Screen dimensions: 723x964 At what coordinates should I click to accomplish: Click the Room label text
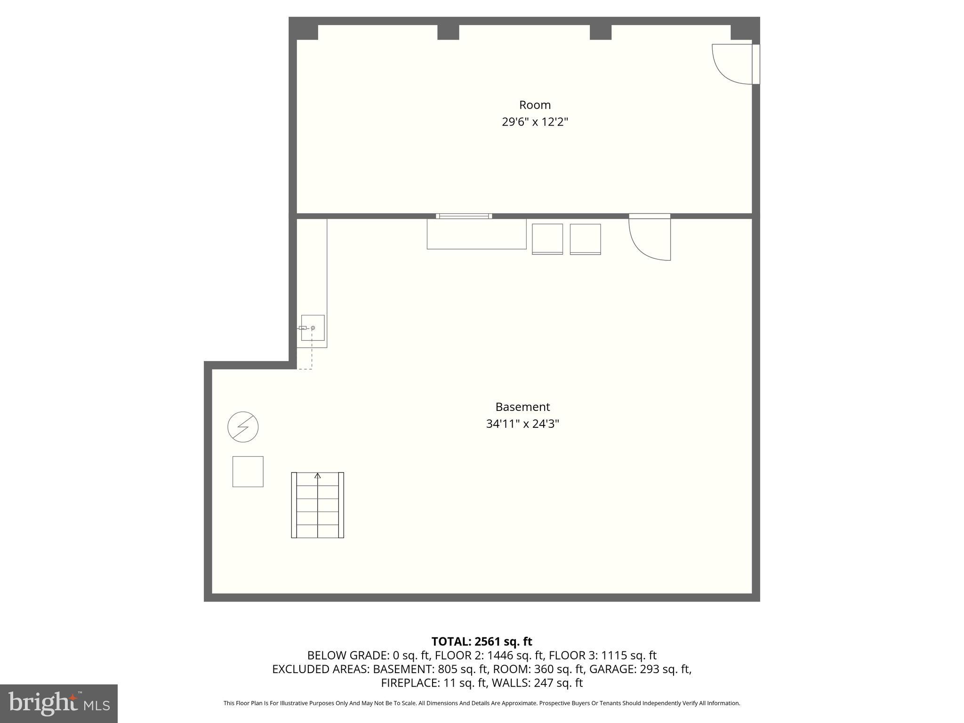[535, 105]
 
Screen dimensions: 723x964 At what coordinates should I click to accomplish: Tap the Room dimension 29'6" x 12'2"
[535, 122]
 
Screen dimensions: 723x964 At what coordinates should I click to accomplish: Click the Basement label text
[522, 407]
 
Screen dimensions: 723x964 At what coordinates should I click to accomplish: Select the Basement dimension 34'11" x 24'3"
[522, 424]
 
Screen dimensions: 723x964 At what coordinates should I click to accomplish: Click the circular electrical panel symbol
[243, 427]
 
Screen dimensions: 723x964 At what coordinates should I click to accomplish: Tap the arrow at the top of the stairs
[318, 476]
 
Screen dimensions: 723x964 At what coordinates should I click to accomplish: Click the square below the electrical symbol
[248, 471]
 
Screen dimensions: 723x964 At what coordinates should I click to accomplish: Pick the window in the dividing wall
[464, 216]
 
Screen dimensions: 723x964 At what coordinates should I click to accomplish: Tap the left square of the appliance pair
[547, 239]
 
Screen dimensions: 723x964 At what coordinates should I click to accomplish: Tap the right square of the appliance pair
[585, 239]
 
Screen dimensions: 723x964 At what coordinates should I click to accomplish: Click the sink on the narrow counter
[313, 328]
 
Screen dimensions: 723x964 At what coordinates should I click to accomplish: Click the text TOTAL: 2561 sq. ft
[482, 642]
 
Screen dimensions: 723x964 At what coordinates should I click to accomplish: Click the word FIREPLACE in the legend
[410, 683]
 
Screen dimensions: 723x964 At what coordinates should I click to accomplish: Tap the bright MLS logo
[59, 703]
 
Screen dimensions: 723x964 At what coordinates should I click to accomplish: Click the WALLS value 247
[543, 683]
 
